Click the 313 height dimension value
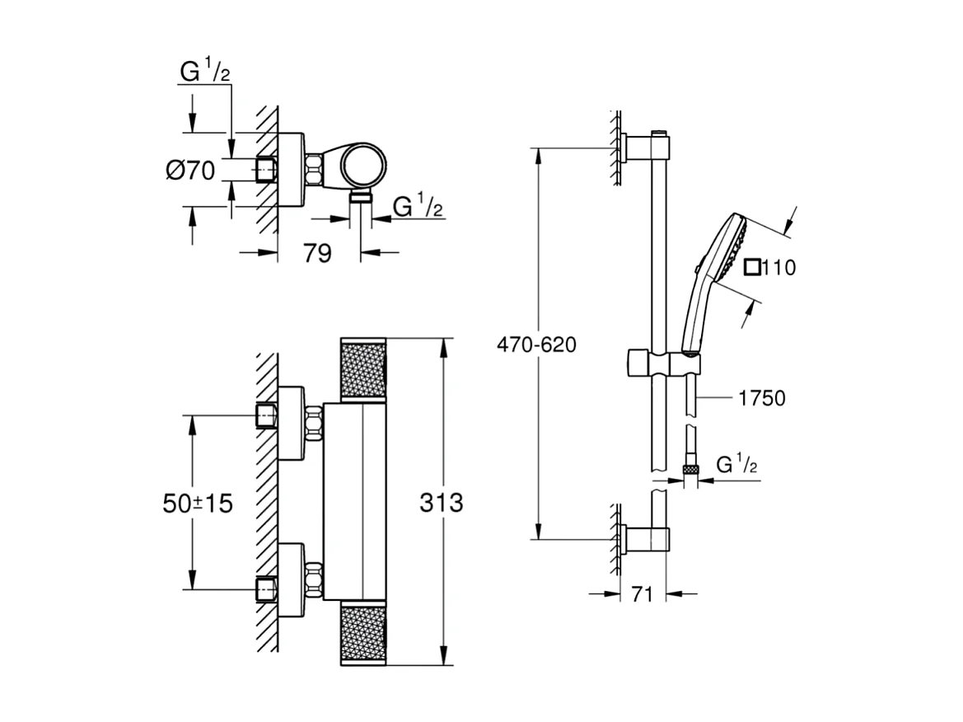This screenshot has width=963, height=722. [441, 502]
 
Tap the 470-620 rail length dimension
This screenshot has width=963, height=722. [536, 344]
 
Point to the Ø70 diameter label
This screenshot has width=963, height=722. [189, 171]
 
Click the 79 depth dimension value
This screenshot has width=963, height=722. [318, 253]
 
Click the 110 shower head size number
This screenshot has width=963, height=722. [779, 268]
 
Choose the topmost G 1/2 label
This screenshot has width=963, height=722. [204, 73]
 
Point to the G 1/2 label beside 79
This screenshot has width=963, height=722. [418, 207]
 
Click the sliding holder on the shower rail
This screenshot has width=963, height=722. [659, 362]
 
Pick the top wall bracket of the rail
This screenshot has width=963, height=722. [648, 148]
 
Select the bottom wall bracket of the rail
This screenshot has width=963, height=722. [648, 540]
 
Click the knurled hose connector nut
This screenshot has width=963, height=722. [690, 471]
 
